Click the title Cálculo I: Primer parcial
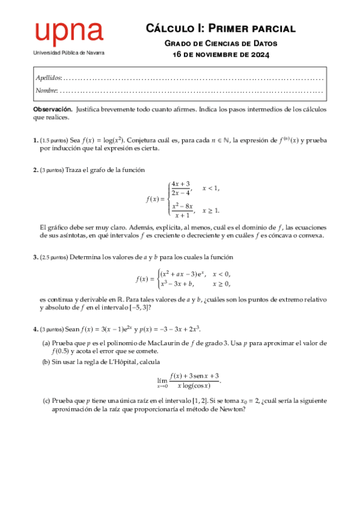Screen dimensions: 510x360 221,28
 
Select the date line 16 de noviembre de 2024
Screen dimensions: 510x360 221,55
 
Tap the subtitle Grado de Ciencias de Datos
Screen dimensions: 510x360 221,43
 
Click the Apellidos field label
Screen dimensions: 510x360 48,78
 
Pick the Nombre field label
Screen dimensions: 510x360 46,90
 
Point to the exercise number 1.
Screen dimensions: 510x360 35,140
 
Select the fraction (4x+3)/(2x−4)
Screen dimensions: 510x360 181,188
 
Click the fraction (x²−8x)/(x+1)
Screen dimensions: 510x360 181,210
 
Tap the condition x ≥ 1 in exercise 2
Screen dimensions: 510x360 211,210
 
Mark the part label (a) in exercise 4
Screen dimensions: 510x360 46,343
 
